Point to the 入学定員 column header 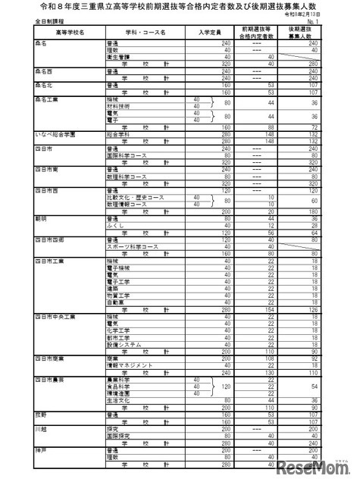tap(209, 33)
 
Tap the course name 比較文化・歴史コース tap(130, 197)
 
